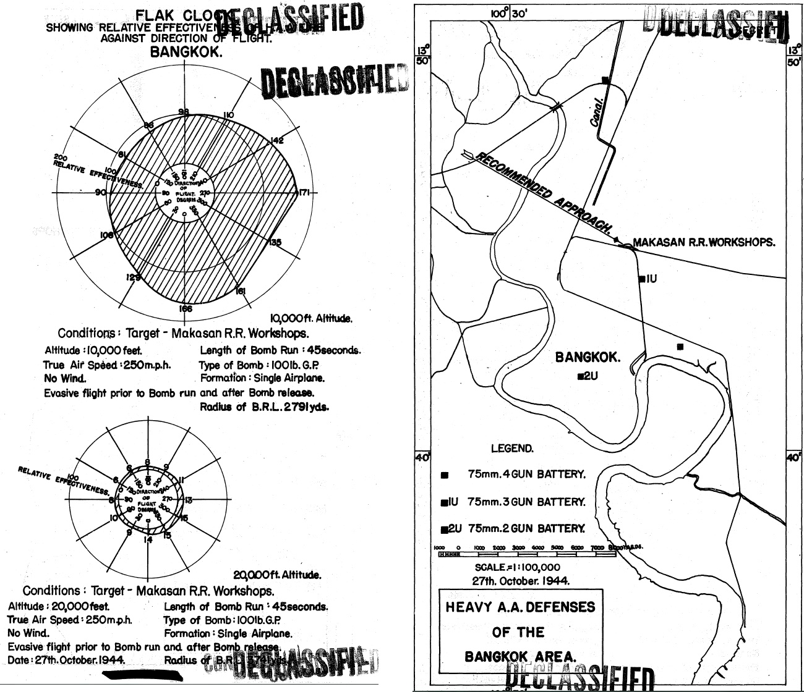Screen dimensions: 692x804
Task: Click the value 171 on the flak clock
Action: (304, 193)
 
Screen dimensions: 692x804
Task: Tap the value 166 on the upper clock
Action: (185, 309)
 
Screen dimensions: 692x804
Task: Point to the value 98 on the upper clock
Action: (184, 112)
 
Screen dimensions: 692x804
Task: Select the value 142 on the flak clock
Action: (276, 141)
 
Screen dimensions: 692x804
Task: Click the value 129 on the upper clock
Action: (133, 278)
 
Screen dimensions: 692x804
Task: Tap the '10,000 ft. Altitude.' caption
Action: (312, 319)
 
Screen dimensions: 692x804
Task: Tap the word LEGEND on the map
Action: (512, 449)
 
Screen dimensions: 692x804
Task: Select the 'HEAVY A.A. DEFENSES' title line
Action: (520, 607)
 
